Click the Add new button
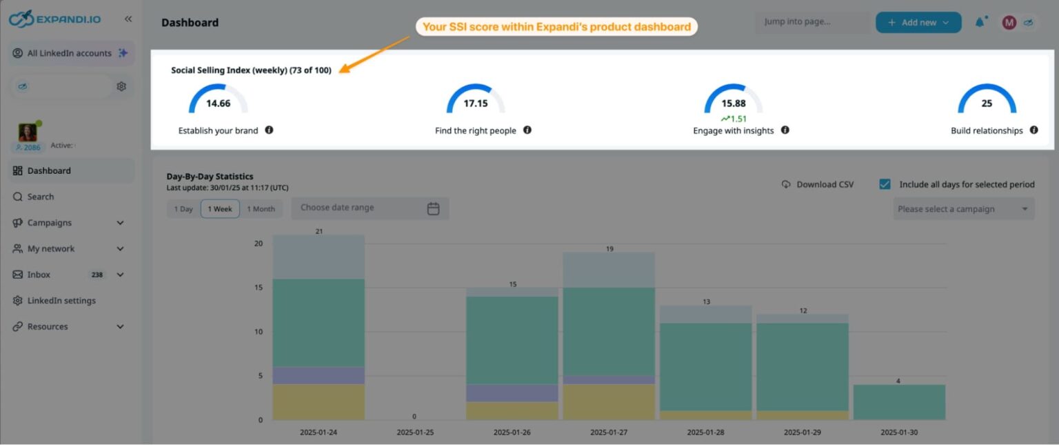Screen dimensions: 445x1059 click(x=918, y=23)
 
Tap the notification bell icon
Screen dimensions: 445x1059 click(x=980, y=23)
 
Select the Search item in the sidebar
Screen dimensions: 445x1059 click(x=41, y=197)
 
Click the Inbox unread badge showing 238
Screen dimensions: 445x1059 click(x=97, y=275)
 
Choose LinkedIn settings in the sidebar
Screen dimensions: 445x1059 click(x=61, y=301)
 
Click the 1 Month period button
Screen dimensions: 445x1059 click(x=261, y=209)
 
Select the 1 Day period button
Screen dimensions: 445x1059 click(x=183, y=209)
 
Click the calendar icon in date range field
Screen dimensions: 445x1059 click(x=433, y=208)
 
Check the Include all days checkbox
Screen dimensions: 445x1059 click(x=885, y=184)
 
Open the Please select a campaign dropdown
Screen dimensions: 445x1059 click(x=963, y=209)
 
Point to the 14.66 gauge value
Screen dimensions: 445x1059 click(x=218, y=103)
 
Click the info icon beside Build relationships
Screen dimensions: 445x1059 click(x=1033, y=130)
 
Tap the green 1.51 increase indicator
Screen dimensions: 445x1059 click(x=734, y=119)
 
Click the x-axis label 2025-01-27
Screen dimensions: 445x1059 click(x=609, y=433)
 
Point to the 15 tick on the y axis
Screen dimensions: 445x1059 click(x=258, y=288)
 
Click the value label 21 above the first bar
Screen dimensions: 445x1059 click(x=319, y=231)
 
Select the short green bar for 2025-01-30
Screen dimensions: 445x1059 click(x=899, y=402)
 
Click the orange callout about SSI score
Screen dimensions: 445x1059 click(x=556, y=27)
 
